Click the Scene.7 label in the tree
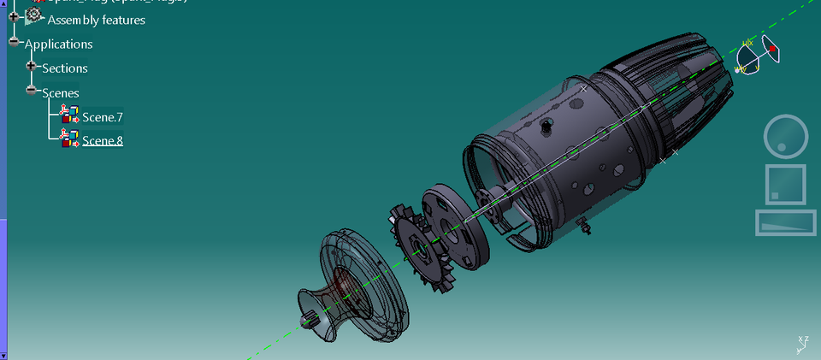[x=103, y=116]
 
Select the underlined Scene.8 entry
[x=103, y=140]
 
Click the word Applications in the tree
[x=58, y=44]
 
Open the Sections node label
[x=65, y=68]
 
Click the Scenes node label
[x=61, y=92]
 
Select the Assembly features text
[x=96, y=20]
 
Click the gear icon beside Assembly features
[x=33, y=16]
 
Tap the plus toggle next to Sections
[x=32, y=66]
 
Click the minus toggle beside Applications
[x=13, y=42]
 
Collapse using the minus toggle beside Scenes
[x=32, y=90]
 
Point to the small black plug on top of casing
[x=545, y=127]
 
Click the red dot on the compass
[x=773, y=50]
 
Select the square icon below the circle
[x=784, y=184]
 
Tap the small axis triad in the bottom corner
[x=802, y=344]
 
